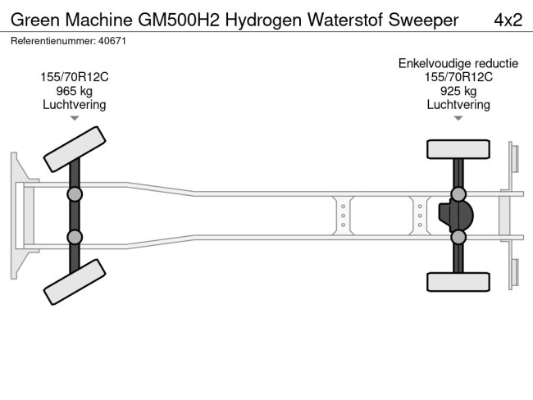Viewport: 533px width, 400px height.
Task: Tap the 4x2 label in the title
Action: pyautogui.click(x=507, y=20)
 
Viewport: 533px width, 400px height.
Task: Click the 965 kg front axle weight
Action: pyautogui.click(x=75, y=91)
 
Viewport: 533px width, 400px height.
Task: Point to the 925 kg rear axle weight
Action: pyautogui.click(x=458, y=91)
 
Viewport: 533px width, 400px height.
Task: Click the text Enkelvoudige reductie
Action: pyautogui.click(x=458, y=63)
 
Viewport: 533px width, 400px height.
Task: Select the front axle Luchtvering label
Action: pyautogui.click(x=75, y=105)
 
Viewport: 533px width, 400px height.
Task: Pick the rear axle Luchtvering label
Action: pyautogui.click(x=458, y=105)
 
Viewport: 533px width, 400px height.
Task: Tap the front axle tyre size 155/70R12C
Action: pyautogui.click(x=75, y=77)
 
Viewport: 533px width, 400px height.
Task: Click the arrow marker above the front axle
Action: pyautogui.click(x=75, y=119)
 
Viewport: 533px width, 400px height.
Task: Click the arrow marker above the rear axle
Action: pyautogui.click(x=458, y=119)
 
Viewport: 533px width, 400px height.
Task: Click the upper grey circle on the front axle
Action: pyautogui.click(x=75, y=193)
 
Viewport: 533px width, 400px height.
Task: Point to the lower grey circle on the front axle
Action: pyautogui.click(x=75, y=237)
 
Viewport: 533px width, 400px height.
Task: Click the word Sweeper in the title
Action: pyautogui.click(x=423, y=20)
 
